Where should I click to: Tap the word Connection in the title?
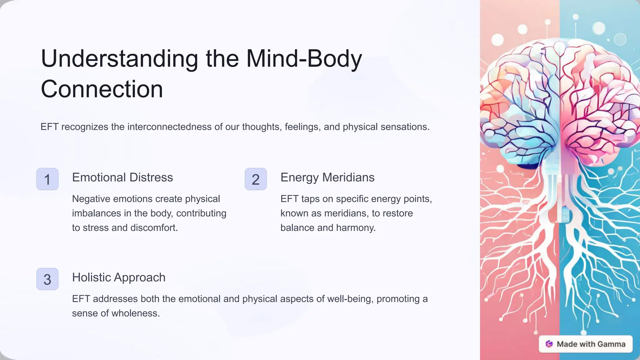[x=102, y=89]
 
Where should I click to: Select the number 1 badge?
[x=47, y=179]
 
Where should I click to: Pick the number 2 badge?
[x=256, y=179]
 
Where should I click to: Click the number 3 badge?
[x=47, y=279]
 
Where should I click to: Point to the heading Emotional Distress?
[x=122, y=177]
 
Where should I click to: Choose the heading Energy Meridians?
[x=327, y=177]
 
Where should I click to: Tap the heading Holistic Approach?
[x=119, y=277]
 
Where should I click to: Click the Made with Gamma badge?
[x=586, y=344]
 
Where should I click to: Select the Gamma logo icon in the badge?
[x=549, y=344]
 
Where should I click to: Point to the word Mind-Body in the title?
[x=304, y=59]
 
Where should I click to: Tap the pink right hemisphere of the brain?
[x=594, y=125]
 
